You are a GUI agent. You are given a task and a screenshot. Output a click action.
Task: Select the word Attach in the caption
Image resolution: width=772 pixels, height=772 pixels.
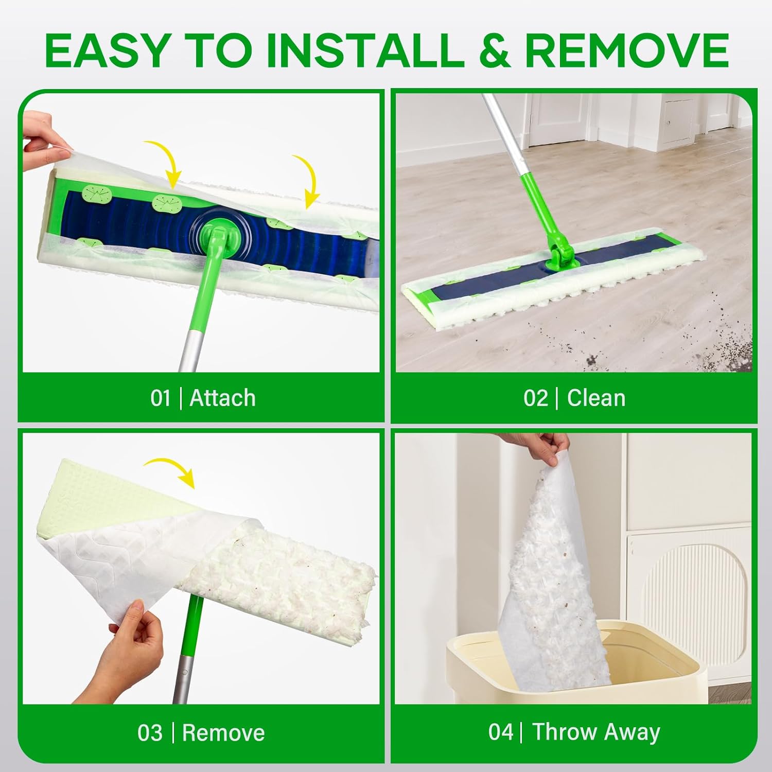tap(222, 398)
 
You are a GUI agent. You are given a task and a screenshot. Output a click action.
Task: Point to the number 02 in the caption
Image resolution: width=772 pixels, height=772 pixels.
tap(536, 398)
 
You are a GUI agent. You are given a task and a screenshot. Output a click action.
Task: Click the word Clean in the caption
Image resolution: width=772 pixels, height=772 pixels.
tap(596, 398)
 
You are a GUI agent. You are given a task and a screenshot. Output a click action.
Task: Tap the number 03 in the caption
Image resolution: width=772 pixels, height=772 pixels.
tap(150, 733)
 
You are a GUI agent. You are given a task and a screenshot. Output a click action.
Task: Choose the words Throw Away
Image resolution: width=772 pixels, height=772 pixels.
tap(596, 733)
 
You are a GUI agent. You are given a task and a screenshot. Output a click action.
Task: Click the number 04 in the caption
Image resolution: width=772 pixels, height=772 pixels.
tap(500, 733)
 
